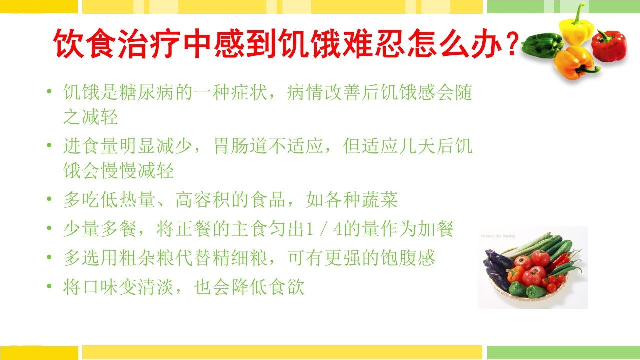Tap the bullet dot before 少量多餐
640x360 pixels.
click(x=49, y=229)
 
